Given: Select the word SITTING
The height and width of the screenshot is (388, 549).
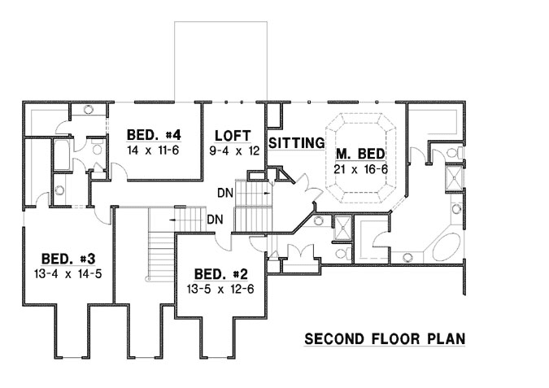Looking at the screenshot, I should click(x=296, y=143).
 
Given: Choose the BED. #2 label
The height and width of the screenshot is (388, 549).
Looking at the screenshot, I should click(x=220, y=273).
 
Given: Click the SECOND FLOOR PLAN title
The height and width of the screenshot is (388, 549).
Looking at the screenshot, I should click(x=385, y=338).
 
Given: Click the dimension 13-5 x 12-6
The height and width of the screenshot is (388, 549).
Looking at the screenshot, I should click(x=220, y=288).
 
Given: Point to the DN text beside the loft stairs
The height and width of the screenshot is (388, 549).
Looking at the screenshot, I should click(x=225, y=194).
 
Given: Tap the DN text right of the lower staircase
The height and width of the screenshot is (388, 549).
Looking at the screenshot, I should click(x=216, y=220).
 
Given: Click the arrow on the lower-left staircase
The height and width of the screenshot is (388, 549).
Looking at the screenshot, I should click(x=174, y=220).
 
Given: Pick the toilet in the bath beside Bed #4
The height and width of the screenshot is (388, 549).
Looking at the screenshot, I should click(x=94, y=149).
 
